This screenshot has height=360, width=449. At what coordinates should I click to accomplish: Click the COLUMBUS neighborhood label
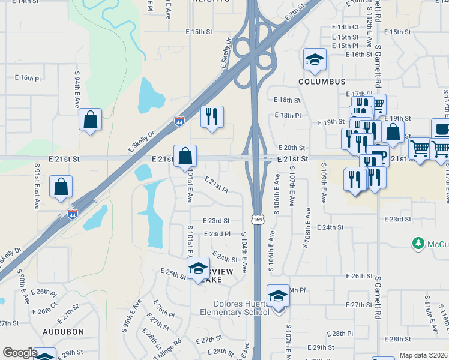tap(322, 82)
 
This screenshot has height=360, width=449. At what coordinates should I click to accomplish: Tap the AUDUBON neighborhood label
tap(64, 331)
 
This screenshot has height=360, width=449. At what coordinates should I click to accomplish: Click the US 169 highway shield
tap(257, 220)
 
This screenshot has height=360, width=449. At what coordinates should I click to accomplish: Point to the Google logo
tap(19, 353)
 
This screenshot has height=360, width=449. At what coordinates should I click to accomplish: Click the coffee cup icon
tap(442, 129)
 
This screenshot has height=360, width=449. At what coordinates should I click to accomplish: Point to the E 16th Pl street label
tap(28, 78)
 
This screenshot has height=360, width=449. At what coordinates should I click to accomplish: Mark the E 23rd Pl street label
tap(217, 234)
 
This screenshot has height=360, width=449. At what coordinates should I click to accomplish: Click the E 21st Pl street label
tap(216, 184)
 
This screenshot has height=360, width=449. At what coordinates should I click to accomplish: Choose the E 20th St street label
tap(292, 148)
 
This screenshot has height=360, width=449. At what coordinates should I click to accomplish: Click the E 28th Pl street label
tap(339, 333)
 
